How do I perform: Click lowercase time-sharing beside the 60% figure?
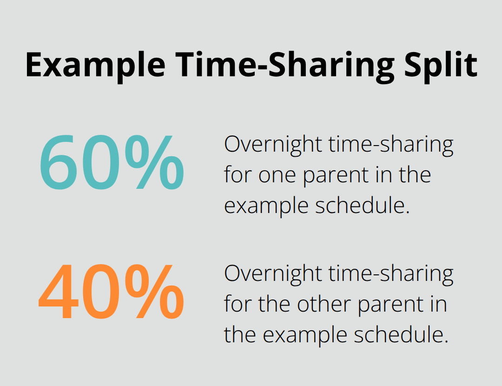coord(390,145)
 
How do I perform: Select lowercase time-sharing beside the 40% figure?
coord(390,274)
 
